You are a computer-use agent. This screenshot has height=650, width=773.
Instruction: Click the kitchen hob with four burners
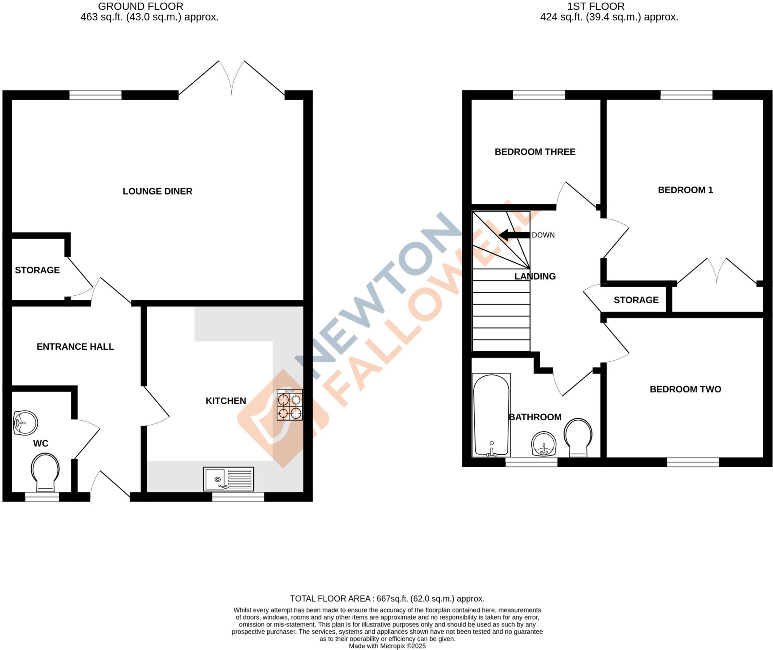289,405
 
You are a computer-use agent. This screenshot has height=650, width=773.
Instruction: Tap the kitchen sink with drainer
228,479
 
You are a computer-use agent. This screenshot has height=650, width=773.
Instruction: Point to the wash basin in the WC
25,423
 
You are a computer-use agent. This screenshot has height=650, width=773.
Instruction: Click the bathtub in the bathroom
491,415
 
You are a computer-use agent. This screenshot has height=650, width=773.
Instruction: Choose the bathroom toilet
578,437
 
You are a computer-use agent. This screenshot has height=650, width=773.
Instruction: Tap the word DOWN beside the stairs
543,235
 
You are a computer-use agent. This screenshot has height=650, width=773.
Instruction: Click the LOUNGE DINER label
157,191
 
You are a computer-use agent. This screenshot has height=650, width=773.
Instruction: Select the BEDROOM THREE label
535,152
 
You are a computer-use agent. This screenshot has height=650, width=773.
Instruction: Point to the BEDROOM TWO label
685,389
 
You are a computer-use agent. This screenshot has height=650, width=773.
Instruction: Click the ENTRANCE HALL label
75,347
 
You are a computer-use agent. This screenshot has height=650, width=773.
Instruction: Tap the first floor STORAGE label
636,300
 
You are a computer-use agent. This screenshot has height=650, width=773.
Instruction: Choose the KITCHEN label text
226,401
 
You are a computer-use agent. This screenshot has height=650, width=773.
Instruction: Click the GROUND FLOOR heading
140,6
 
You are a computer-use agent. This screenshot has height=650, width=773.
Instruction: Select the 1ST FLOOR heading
596,6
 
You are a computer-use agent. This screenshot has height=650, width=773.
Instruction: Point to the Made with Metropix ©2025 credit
387,646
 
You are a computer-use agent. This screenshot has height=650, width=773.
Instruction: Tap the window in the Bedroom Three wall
539,95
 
